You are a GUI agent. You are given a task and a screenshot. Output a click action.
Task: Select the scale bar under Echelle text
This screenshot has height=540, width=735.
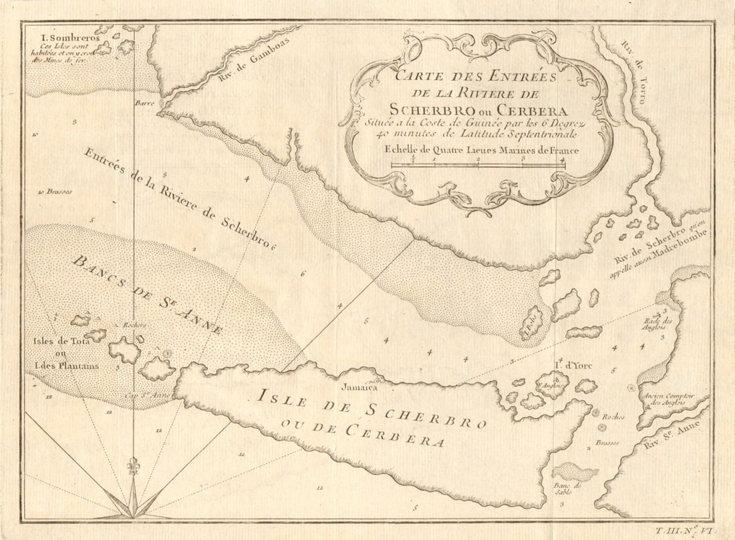click(478, 164)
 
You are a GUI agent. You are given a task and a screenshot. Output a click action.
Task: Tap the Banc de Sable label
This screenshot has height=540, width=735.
click(567, 490)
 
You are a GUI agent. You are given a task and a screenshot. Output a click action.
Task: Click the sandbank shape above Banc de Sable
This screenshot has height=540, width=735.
click(575, 472)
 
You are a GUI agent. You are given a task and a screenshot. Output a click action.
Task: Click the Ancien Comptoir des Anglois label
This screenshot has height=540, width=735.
click(668, 399)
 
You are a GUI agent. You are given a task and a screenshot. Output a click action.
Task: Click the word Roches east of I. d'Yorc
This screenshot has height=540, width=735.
click(613, 417)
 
